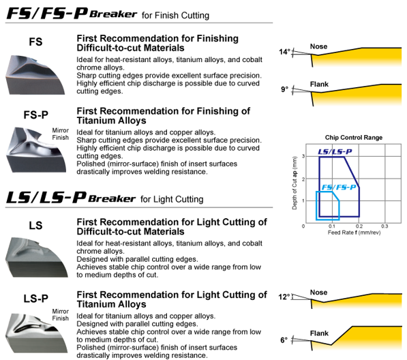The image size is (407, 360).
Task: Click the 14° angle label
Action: coord(284,52)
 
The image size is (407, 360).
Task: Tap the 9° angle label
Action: coord(284,89)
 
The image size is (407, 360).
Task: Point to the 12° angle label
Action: coord(284,297)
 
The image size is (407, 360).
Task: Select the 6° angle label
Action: coord(284,340)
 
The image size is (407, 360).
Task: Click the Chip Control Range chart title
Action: coord(354,138)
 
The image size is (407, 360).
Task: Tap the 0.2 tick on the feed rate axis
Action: coord(359,226)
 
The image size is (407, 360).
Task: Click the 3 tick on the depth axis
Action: coord(303,156)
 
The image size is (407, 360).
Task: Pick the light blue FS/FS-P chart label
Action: coord(339,187)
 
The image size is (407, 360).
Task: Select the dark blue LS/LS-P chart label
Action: coord(335,151)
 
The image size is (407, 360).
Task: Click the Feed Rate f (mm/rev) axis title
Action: coord(354,232)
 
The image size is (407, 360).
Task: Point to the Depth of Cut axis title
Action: coord(295,183)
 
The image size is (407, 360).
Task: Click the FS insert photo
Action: coord(35,75)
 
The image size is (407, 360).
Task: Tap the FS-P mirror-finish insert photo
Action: coord(36,150)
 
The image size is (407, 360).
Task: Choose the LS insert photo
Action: coord(37,257)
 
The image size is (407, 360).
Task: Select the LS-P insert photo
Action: coord(37,333)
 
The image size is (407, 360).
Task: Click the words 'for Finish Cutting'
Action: coord(175,16)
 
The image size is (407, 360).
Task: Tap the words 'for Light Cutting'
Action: coord(172,199)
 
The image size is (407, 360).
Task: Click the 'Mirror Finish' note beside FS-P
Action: coord(61,134)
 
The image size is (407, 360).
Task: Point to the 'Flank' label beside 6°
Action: coord(319,333)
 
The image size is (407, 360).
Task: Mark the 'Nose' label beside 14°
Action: coord(319,46)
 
